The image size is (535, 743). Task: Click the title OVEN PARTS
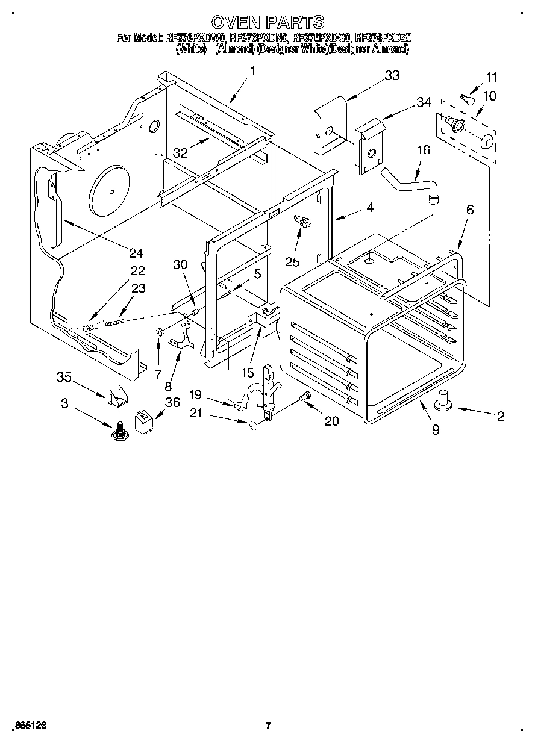tap(268, 23)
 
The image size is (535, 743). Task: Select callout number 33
tap(392, 76)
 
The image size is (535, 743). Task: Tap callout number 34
tap(424, 102)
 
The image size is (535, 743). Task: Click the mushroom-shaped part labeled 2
tap(445, 399)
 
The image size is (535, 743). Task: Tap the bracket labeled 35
tap(119, 397)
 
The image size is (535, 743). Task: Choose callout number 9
tap(435, 429)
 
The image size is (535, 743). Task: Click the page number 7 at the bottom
tap(268, 725)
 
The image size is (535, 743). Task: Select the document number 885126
tap(29, 725)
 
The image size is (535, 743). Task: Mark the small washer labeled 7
tap(160, 332)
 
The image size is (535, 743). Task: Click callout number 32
tap(180, 153)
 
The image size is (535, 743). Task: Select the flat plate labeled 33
tap(328, 123)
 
